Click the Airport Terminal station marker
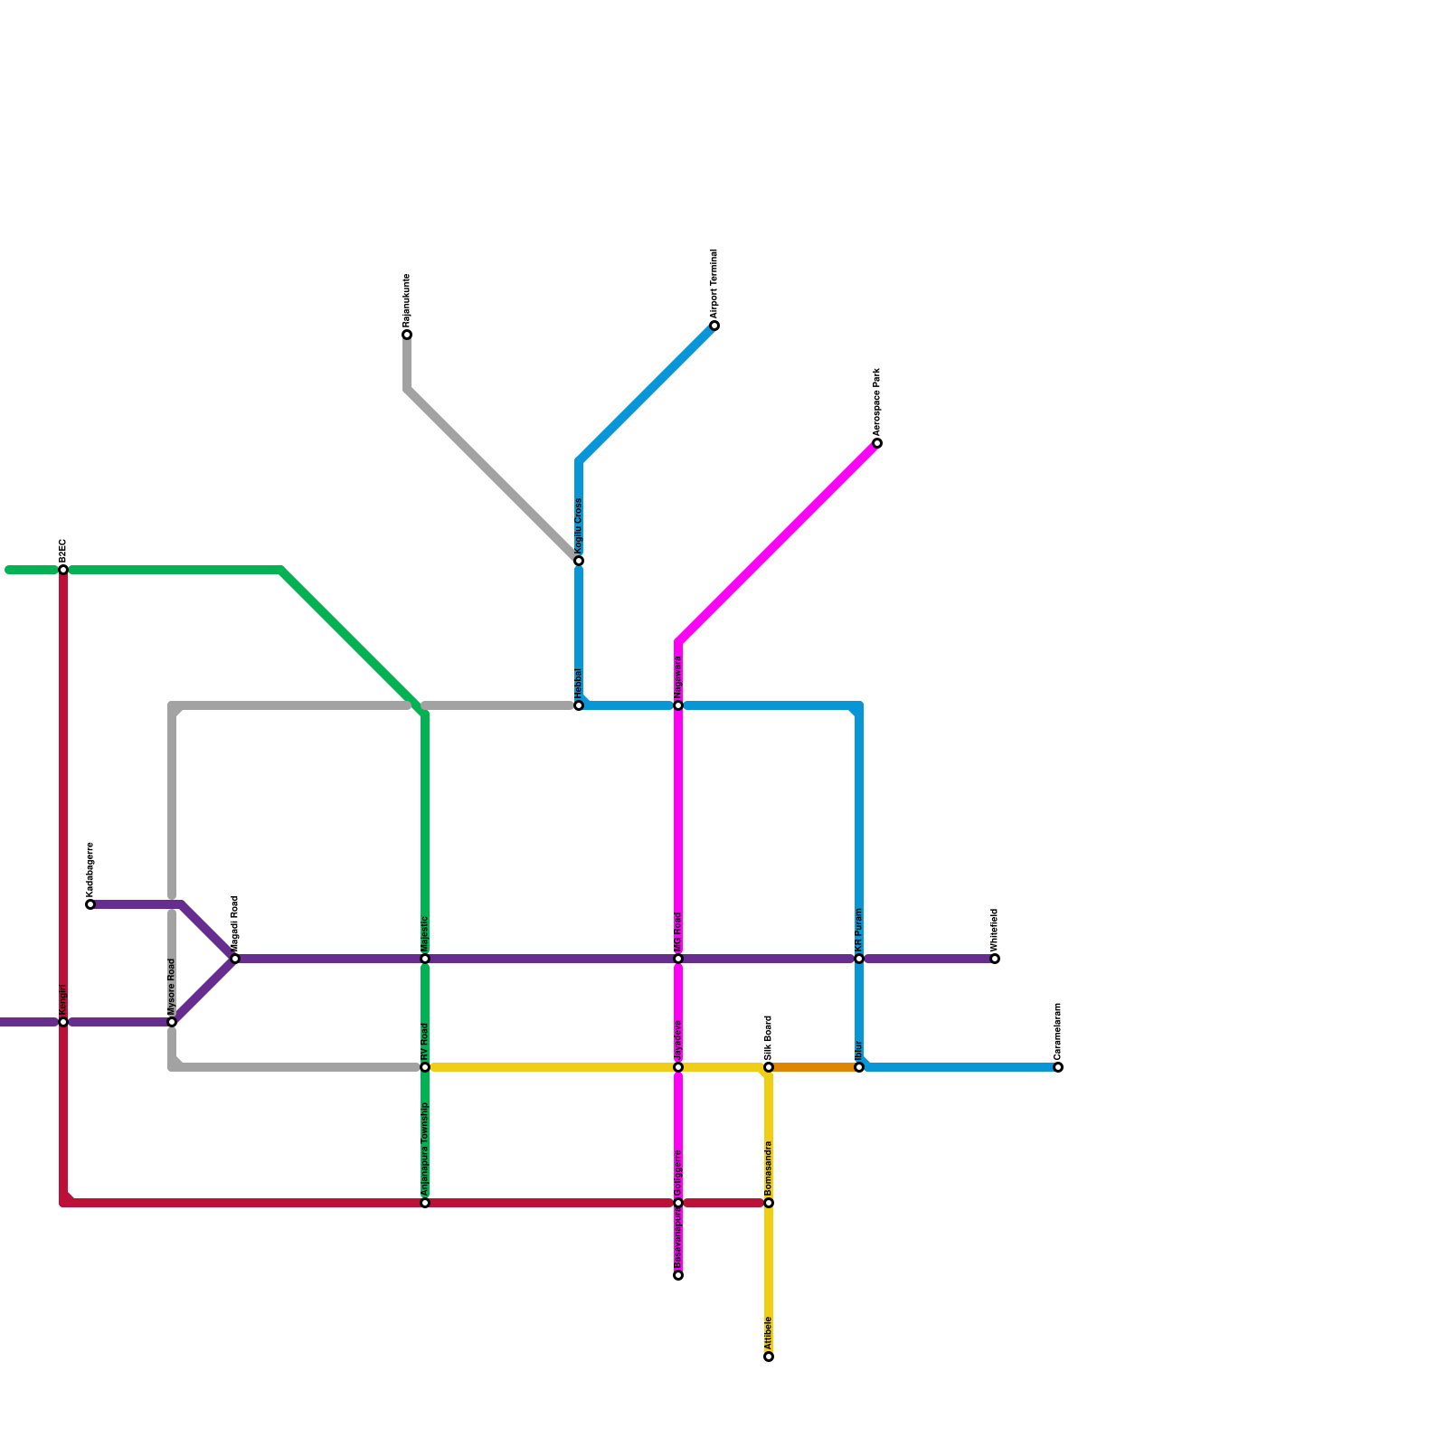pos(714,326)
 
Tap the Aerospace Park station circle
pos(877,443)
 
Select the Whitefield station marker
pos(995,959)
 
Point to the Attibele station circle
pos(769,1357)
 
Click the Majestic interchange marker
pos(425,959)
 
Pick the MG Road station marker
pos(678,959)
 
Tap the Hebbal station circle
pos(579,705)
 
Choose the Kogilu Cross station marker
pos(579,561)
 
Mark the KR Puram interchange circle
pos(859,959)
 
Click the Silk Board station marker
pos(769,1067)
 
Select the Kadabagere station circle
pos(90,904)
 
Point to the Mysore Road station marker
pos(172,1022)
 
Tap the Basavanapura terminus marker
pos(678,1275)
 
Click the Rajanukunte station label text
pos(407,300)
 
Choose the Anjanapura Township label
pos(425,1149)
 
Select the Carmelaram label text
pos(1058,1031)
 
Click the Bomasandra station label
pos(769,1167)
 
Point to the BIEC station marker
pos(63,570)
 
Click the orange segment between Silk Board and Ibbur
pos(814,1067)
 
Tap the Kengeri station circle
pos(63,1022)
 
